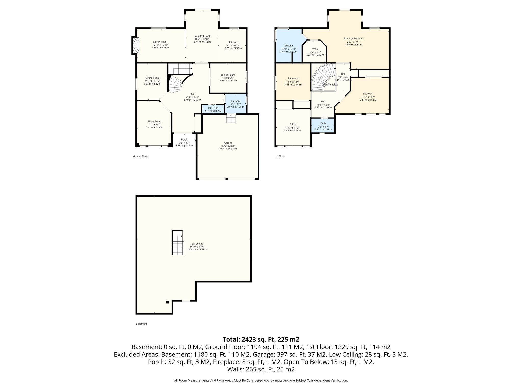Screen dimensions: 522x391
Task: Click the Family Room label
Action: [160, 42]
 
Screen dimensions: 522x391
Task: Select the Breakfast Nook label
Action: [202, 36]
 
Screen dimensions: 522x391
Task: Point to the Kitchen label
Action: [233, 42]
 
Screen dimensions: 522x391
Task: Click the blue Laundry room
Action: [236, 104]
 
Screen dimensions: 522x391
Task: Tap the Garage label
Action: [228, 143]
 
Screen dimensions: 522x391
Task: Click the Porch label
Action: [184, 139]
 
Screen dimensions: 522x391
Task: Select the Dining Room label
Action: [228, 75]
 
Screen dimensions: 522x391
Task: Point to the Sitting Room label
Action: [152, 78]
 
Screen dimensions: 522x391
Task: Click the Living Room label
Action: [154, 121]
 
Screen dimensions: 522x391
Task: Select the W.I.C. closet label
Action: [315, 49]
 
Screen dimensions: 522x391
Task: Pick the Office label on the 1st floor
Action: [293, 124]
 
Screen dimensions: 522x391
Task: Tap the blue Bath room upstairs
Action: [323, 125]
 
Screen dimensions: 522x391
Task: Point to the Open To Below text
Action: [330, 85]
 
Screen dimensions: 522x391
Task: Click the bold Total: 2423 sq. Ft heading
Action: [261, 339]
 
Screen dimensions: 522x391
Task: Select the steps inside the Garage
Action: [231, 119]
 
